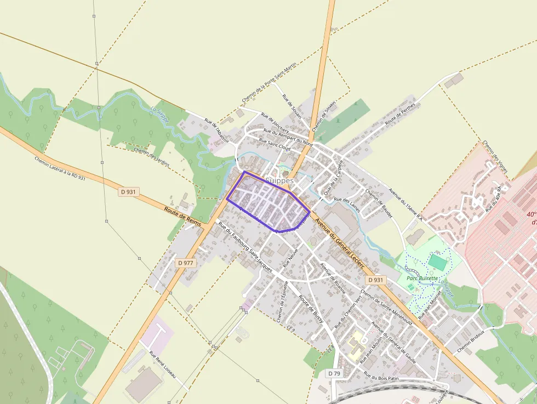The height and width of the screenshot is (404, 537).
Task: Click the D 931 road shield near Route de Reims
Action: click(x=129, y=192)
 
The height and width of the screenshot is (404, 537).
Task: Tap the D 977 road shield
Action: click(x=186, y=263)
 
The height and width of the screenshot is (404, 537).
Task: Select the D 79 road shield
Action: click(x=335, y=373)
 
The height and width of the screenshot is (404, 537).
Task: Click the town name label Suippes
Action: click(x=279, y=180)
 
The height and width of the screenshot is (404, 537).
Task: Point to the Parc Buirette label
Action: click(x=422, y=278)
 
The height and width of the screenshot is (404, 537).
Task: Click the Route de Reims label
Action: click(x=182, y=216)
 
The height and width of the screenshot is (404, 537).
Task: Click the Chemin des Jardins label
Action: click(x=151, y=157)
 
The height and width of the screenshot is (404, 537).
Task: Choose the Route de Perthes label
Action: click(x=401, y=114)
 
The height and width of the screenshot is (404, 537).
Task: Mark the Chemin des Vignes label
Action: click(x=495, y=157)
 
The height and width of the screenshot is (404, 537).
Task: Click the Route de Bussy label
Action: click(x=310, y=308)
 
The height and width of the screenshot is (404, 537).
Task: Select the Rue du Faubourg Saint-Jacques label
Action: click(x=245, y=247)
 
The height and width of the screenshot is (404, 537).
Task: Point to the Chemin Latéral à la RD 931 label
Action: click(x=60, y=168)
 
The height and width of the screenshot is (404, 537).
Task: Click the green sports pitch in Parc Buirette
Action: click(x=437, y=262)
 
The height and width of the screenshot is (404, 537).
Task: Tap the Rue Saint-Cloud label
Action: click(x=275, y=144)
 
